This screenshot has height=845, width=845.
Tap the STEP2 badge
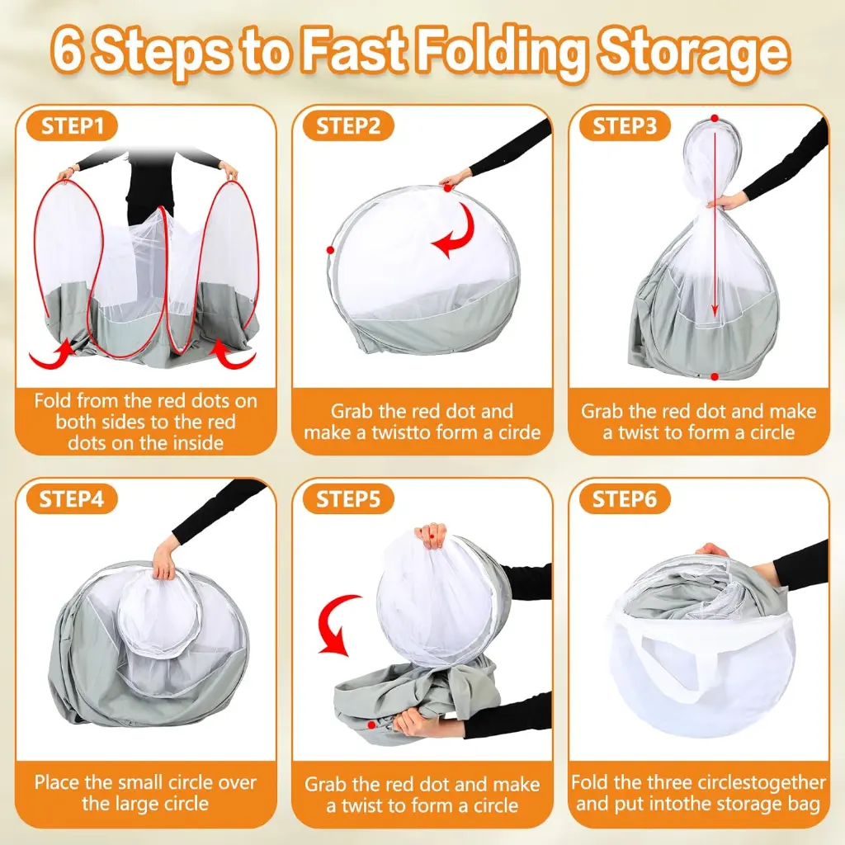pyautogui.click(x=347, y=126)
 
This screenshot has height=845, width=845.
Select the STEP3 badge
pyautogui.click(x=625, y=126)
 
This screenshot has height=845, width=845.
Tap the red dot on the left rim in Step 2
pyautogui.click(x=330, y=249)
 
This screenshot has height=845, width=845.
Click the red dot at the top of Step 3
pyautogui.click(x=714, y=119)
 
